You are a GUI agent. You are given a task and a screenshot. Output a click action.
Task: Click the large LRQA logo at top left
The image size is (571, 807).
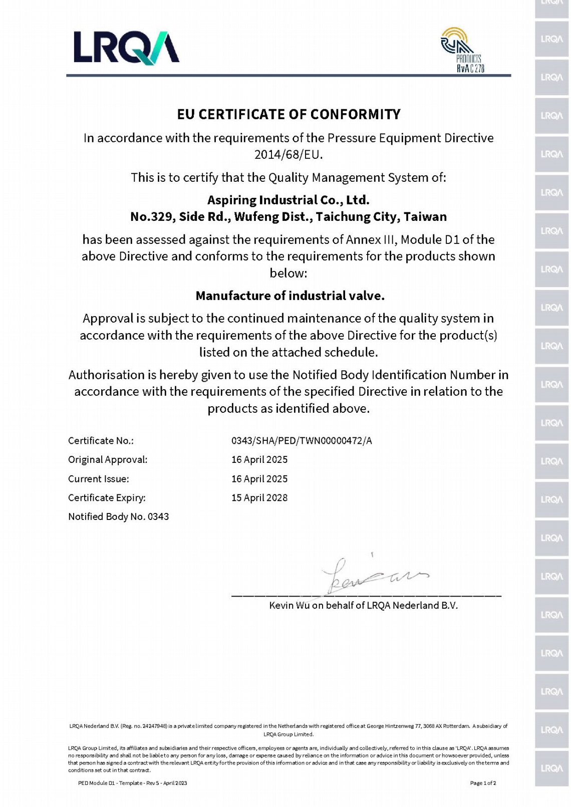(x=126, y=48)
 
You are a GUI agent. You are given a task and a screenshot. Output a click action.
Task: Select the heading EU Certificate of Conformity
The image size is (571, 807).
(x=289, y=114)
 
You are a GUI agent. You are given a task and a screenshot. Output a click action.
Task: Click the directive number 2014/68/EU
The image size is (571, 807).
(x=288, y=154)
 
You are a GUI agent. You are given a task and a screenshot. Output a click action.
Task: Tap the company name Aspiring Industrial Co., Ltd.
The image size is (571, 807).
(x=289, y=200)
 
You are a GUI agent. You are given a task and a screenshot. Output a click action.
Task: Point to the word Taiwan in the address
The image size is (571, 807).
(x=425, y=216)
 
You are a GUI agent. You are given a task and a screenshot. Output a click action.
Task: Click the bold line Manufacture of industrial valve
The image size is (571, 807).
(x=290, y=296)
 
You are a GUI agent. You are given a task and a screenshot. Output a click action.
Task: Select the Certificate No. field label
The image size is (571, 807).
(x=101, y=441)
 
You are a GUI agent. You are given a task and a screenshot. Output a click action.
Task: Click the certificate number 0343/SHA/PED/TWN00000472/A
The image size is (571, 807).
(x=302, y=441)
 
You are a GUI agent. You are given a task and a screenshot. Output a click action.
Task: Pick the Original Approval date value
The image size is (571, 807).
(x=259, y=459)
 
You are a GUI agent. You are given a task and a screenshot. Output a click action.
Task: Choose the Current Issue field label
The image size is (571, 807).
(x=99, y=479)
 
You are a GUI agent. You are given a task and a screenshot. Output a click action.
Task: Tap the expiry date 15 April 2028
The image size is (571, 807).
(x=259, y=497)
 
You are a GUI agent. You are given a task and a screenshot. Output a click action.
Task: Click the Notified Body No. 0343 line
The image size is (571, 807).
(x=118, y=516)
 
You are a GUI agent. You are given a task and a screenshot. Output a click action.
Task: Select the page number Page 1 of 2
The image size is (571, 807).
(x=483, y=783)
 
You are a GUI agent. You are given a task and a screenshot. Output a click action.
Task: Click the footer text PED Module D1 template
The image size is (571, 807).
(x=133, y=783)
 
